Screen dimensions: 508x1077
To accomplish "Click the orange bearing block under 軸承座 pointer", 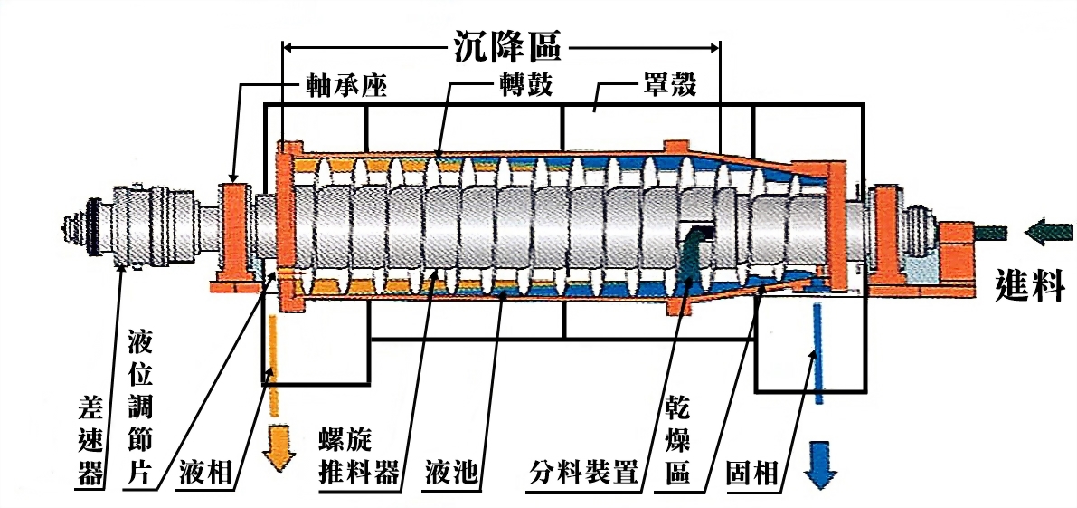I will coord(234,232).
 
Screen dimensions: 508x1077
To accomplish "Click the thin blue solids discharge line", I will coord(817,353).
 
